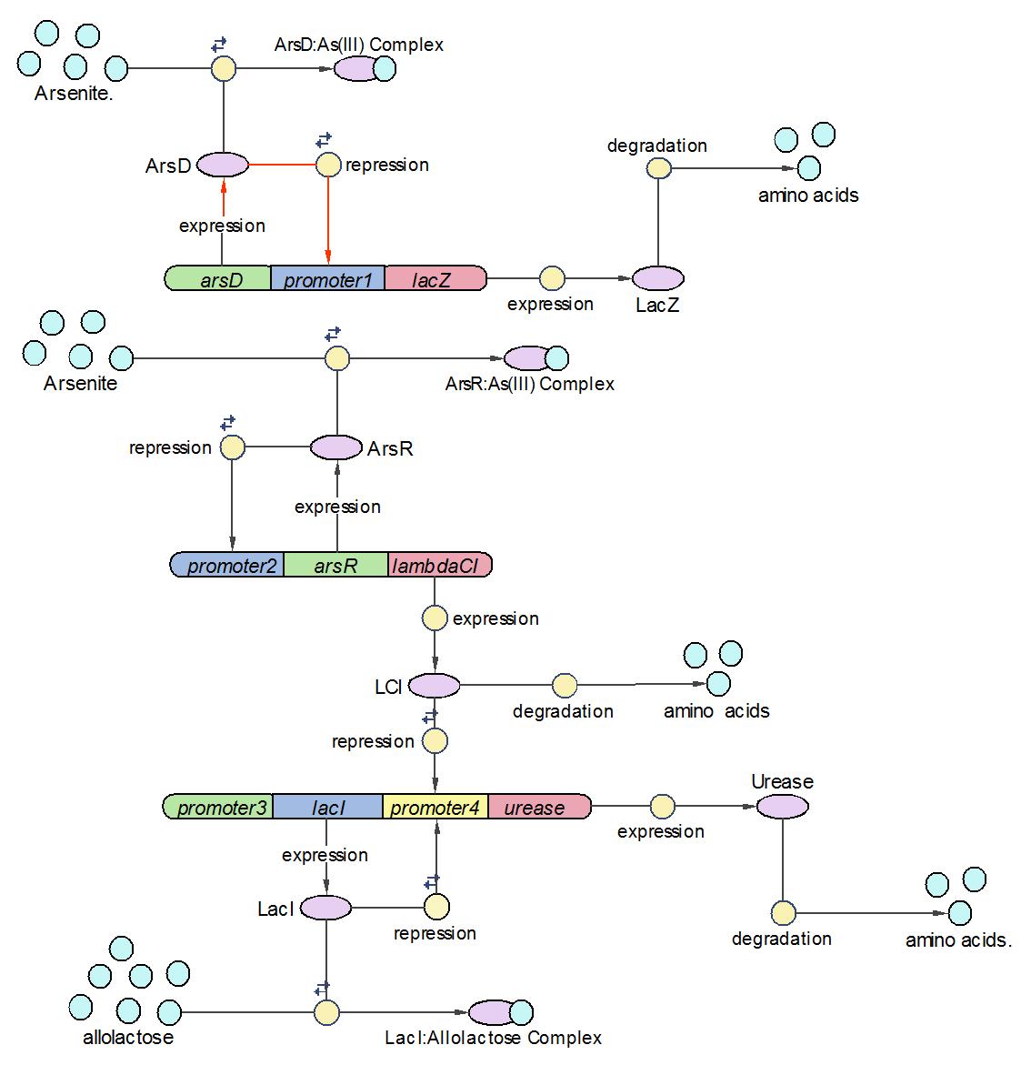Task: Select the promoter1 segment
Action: coord(328,278)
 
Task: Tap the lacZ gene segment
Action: coord(435,278)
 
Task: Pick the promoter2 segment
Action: coord(228,565)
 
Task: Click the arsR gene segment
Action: coord(335,565)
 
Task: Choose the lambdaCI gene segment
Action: coord(440,565)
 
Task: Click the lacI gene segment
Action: coord(327,807)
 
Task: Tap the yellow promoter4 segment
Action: coord(435,807)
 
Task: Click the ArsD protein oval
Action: coord(223,165)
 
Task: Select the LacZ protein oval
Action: coord(657,278)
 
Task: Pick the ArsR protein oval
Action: coord(336,447)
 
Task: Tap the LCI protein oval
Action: coord(435,685)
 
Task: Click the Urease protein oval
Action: coord(782,806)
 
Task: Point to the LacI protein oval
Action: coord(325,907)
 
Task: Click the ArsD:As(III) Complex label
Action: coord(359,45)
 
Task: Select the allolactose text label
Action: coord(128,1037)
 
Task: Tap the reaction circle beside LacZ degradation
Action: coord(658,168)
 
